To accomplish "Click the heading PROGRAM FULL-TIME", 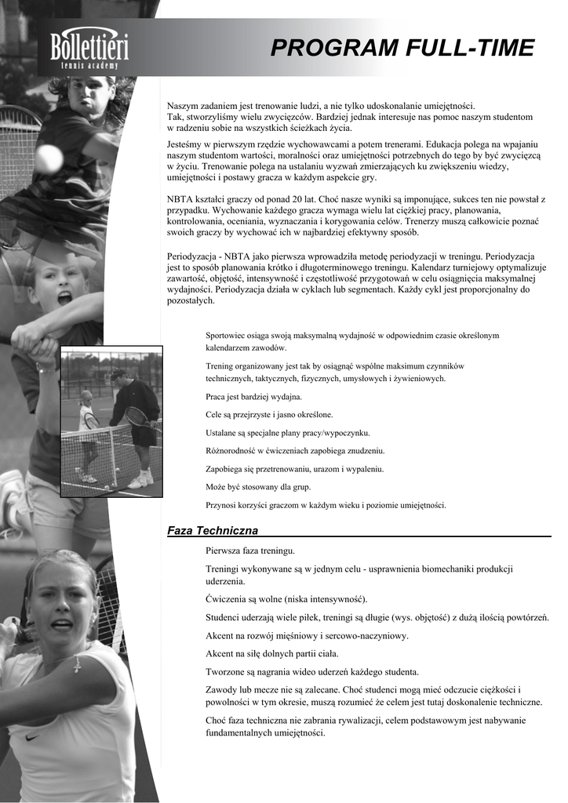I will [x=402, y=49].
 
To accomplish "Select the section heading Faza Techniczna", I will [x=213, y=531].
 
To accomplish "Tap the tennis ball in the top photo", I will [x=49, y=158].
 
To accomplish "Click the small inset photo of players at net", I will [x=111, y=421].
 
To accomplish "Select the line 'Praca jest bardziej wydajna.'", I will [x=253, y=397].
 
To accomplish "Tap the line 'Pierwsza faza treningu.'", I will [x=250, y=551].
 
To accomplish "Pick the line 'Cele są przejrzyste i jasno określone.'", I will [x=269, y=414].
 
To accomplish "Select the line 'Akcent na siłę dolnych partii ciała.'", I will [x=272, y=653].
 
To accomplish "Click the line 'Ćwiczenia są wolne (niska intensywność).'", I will [x=281, y=599].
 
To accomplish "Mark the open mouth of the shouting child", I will [x=64, y=298].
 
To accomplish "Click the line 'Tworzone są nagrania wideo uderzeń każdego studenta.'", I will [x=312, y=671].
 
